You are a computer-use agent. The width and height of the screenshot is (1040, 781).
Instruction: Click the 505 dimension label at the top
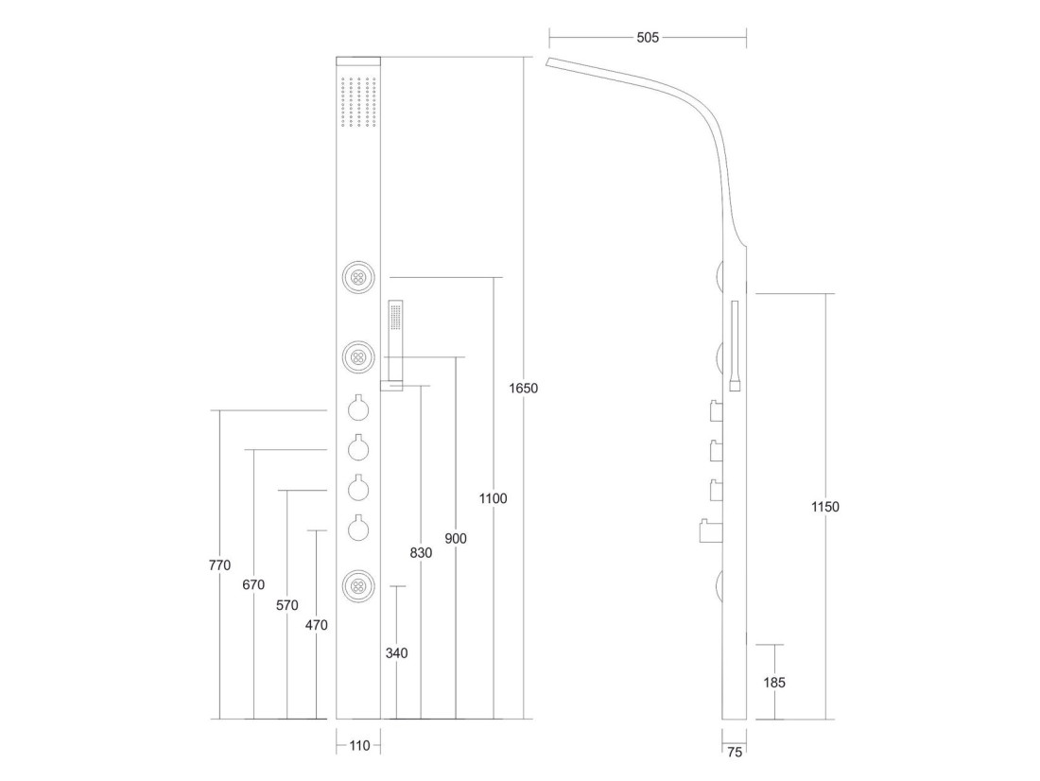point(648,38)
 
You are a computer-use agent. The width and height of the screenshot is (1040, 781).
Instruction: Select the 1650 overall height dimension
point(524,389)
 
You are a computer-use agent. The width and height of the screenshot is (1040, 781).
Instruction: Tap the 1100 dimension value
point(493,498)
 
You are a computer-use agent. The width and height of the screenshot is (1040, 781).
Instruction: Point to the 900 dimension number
point(456,538)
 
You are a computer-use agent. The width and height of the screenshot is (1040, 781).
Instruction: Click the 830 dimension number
point(421,553)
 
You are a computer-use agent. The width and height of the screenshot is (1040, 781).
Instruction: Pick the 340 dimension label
point(397,653)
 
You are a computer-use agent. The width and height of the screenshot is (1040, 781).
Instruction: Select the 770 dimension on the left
point(219,565)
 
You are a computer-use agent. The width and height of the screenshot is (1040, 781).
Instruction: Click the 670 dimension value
point(253,584)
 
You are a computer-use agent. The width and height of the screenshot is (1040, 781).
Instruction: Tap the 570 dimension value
point(287,605)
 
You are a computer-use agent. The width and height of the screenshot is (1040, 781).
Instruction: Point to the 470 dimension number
point(317,625)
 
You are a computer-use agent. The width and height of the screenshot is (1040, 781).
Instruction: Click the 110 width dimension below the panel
point(359,746)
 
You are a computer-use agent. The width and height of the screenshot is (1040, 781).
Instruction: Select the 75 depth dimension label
point(735,753)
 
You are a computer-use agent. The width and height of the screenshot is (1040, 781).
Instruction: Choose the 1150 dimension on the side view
point(825,507)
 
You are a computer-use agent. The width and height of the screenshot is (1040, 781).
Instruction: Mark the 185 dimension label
point(774,682)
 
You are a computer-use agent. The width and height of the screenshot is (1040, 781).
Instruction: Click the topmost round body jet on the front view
point(359,277)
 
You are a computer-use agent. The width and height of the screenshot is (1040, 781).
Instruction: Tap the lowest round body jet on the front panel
point(359,586)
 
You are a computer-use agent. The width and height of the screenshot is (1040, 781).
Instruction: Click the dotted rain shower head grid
point(359,103)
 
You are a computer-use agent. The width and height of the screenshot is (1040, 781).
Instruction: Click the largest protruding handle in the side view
point(711,530)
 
